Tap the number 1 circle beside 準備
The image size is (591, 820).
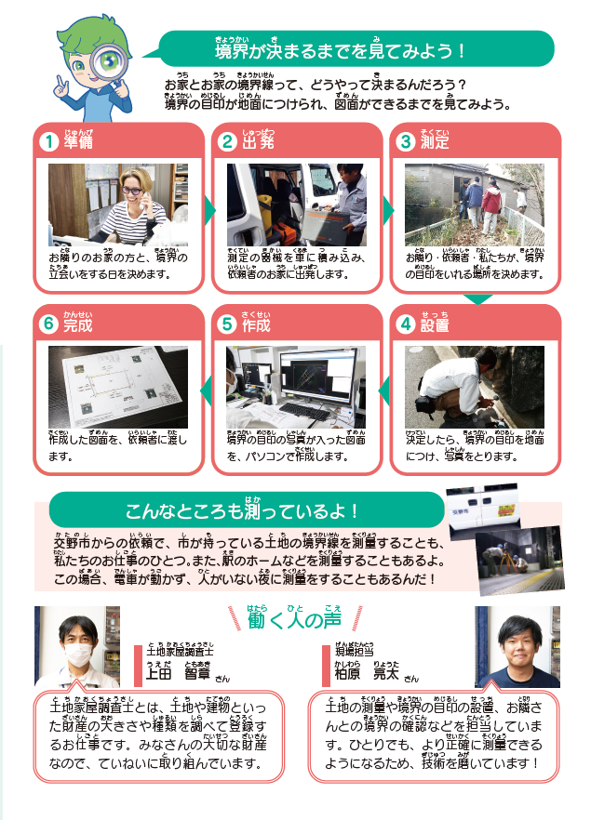49,141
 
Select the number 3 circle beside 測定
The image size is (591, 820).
406,141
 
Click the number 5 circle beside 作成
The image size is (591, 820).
227,324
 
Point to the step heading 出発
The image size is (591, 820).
258,141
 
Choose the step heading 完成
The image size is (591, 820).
78,324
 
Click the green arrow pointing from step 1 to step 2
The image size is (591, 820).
210,210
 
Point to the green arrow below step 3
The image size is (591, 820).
477,299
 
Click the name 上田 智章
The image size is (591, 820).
178,673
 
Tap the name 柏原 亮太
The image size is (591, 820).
367,673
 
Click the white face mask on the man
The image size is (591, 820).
78,655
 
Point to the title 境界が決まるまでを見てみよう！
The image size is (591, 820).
340,51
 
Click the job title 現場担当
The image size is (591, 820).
355,651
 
